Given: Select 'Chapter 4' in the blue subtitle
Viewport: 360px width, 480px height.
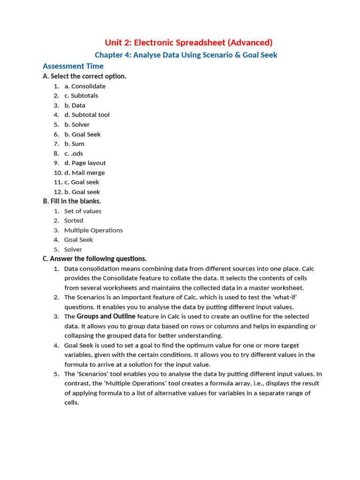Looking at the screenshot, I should [x=112, y=55].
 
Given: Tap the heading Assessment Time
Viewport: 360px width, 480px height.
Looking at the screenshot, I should [x=73, y=66].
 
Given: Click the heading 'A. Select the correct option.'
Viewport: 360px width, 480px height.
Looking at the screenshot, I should [x=84, y=76].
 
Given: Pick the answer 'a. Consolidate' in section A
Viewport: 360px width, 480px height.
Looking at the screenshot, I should [x=85, y=86].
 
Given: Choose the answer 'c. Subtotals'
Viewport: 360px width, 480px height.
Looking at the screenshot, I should [x=81, y=96].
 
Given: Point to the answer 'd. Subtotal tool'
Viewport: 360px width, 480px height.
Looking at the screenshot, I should [x=87, y=115].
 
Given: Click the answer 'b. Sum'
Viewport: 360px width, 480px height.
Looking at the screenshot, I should [x=75, y=144].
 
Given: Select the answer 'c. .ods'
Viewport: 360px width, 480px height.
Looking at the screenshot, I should [x=74, y=153].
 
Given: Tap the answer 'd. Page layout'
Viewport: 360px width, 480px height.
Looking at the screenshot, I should [x=85, y=163].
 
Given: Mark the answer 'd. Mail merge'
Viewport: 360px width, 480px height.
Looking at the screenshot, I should [x=84, y=172].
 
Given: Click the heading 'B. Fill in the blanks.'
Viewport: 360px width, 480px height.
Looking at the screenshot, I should [x=72, y=201].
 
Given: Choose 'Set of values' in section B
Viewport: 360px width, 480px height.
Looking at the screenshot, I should [x=82, y=211].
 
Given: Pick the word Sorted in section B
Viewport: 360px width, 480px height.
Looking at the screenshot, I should [x=74, y=220].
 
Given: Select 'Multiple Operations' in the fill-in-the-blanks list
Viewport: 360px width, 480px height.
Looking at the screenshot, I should [x=93, y=230].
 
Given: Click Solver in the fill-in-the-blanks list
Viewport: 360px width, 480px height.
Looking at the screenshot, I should [x=73, y=249].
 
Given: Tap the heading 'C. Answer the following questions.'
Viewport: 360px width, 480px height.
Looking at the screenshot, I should [x=94, y=259].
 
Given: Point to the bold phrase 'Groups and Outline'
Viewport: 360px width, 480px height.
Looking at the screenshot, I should [x=106, y=316].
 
